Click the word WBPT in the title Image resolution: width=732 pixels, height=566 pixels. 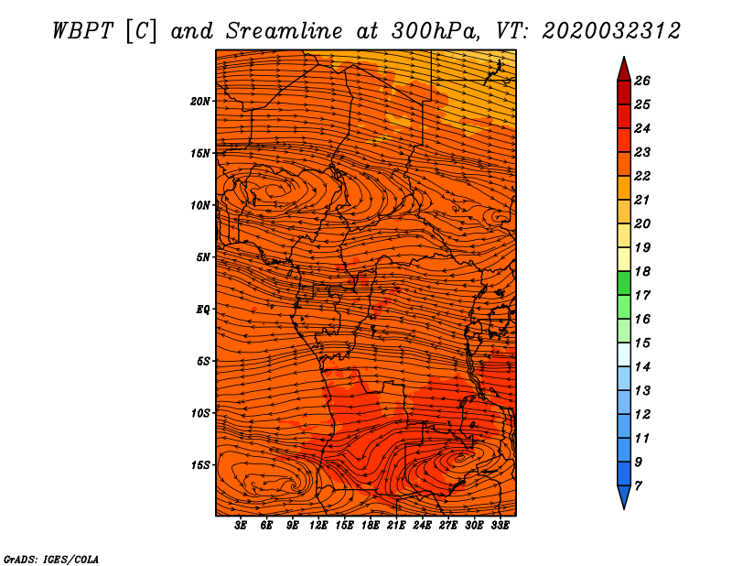(83, 31)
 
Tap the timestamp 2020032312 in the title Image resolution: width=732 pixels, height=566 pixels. (611, 31)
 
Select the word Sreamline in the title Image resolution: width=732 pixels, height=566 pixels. (285, 31)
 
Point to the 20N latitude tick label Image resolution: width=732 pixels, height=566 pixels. (200, 102)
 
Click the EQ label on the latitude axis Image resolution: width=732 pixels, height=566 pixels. (202, 310)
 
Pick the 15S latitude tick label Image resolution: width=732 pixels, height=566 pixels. (200, 465)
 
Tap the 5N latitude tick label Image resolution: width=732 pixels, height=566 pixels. (203, 257)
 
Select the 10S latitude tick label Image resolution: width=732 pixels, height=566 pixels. (200, 413)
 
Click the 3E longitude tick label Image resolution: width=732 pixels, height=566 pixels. (241, 526)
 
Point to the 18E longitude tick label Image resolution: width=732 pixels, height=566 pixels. (371, 526)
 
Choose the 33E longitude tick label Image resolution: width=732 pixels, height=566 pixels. (500, 526)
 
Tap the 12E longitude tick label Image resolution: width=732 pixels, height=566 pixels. (318, 526)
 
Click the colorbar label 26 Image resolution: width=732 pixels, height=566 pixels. (642, 81)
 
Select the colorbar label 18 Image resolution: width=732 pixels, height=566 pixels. (642, 271)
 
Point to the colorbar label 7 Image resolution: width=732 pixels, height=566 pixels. (638, 486)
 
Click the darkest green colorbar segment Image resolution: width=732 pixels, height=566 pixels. (624, 283)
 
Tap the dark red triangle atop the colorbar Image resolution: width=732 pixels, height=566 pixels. (624, 71)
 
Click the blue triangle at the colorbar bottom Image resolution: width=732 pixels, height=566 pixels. (624, 496)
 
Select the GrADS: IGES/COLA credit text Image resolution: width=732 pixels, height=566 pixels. (51, 559)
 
